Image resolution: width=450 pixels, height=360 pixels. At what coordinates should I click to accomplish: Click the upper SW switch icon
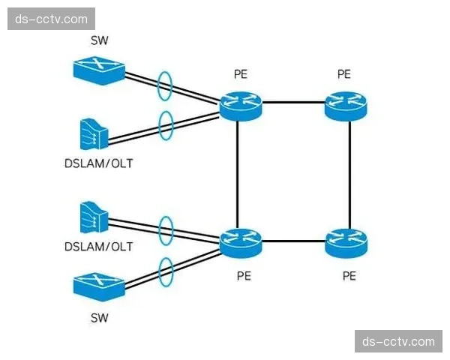tap(98, 70)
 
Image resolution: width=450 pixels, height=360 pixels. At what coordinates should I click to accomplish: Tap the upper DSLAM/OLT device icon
tap(94, 133)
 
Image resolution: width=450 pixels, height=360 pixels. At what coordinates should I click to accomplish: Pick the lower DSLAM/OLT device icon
tap(94, 217)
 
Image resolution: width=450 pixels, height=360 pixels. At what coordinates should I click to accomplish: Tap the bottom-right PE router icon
tap(346, 241)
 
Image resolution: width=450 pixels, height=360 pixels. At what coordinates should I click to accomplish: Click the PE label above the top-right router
tap(344, 74)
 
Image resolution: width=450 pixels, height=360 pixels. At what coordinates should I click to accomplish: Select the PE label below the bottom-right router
tap(349, 276)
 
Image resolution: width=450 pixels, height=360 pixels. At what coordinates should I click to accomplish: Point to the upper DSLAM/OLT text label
tap(98, 162)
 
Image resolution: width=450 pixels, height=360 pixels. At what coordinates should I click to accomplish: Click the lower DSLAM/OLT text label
tap(98, 247)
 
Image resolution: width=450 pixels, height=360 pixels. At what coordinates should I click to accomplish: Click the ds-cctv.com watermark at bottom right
tap(398, 341)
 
